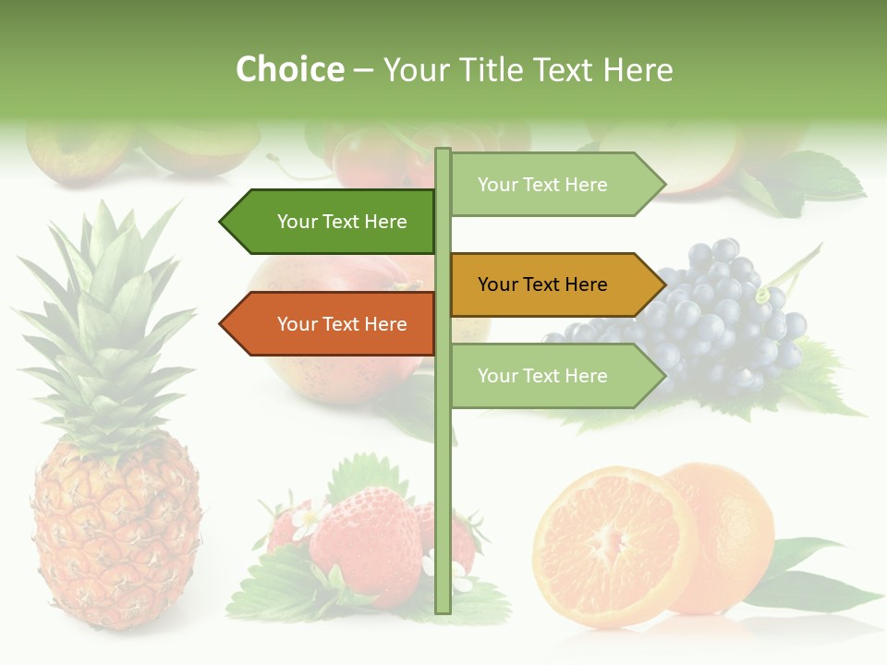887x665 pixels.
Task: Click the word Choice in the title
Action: click(x=289, y=69)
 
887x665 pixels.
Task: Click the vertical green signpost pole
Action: click(x=443, y=517)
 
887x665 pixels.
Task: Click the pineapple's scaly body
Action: click(x=115, y=536)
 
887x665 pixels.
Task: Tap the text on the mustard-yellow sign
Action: click(x=542, y=284)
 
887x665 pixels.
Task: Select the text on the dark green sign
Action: click(x=342, y=222)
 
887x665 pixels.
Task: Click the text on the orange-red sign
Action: click(x=342, y=324)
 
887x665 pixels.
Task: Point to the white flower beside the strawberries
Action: click(x=305, y=522)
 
